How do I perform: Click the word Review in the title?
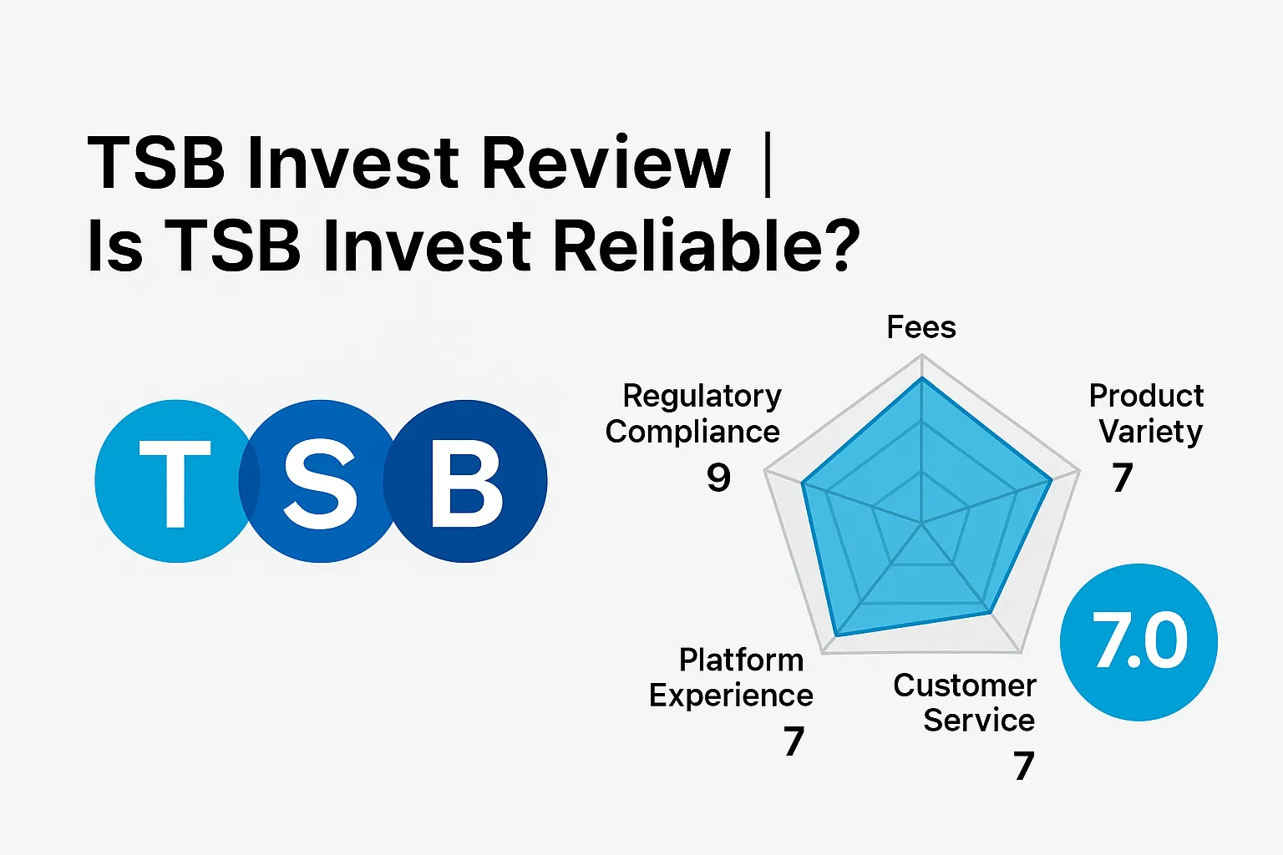606,163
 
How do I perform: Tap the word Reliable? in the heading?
707,246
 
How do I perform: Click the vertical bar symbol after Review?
768,164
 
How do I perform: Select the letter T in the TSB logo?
175,482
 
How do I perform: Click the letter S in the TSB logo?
320,482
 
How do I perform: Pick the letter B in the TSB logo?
467,482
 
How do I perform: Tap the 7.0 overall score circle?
1138,641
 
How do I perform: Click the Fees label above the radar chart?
920,327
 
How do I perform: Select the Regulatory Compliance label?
695,413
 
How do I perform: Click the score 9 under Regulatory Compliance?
718,478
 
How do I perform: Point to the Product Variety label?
1148,413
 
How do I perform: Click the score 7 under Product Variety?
1122,478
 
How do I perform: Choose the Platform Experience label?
731,677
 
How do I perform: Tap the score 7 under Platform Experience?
794,741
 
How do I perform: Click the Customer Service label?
966,702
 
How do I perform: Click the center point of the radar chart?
921,524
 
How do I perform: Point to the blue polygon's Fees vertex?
921,378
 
